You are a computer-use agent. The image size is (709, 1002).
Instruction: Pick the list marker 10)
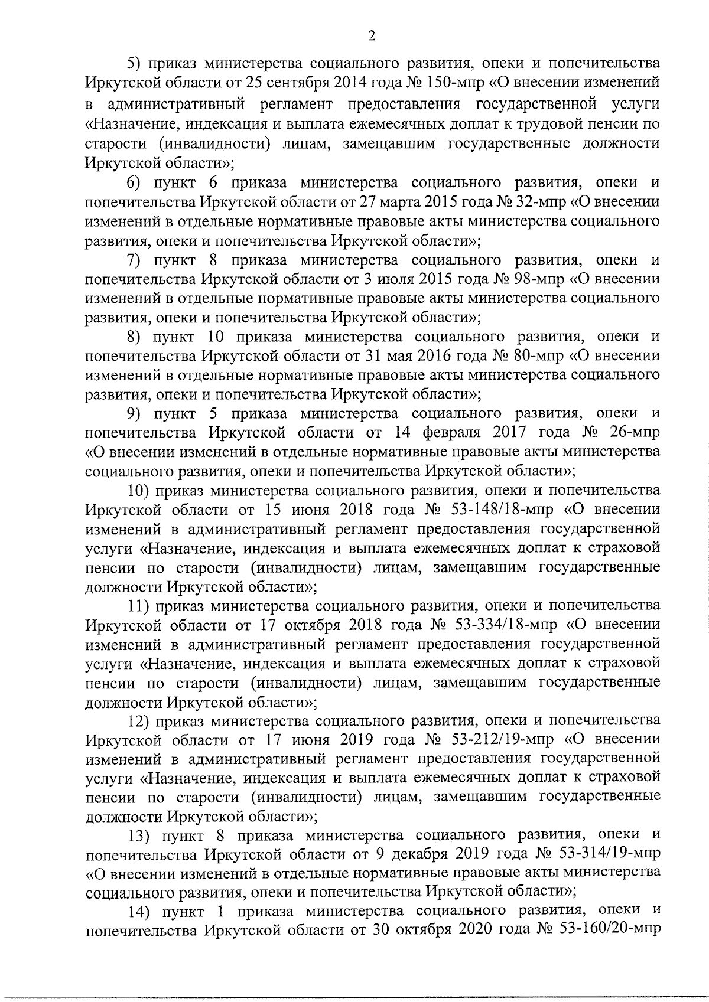point(140,491)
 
